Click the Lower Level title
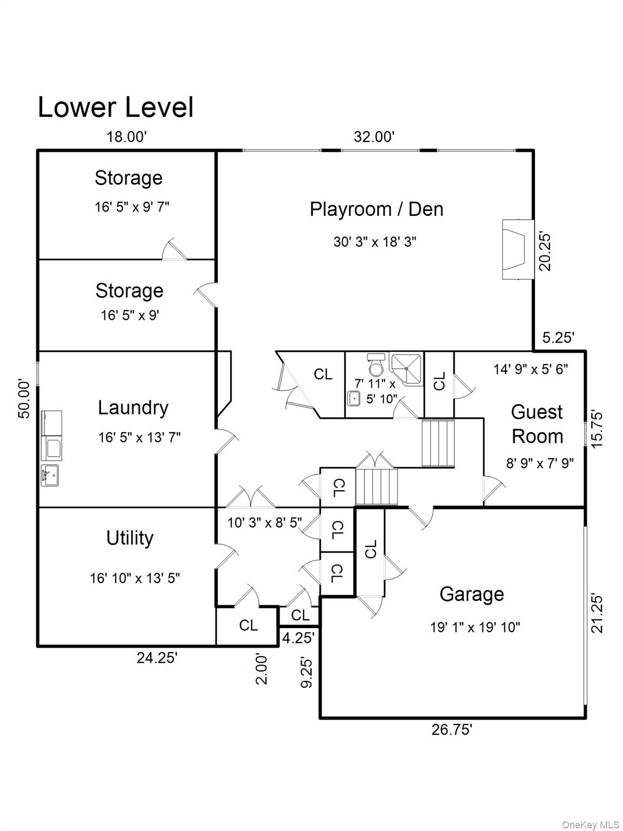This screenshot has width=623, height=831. click(115, 107)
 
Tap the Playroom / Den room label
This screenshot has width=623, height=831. click(376, 209)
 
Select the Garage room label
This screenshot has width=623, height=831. click(472, 594)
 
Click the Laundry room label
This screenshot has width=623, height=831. click(133, 408)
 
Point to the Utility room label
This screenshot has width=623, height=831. click(130, 538)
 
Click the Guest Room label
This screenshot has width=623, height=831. click(537, 424)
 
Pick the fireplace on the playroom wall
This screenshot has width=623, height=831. click(518, 249)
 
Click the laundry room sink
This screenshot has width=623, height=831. click(50, 475)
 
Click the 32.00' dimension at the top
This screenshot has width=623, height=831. click(374, 137)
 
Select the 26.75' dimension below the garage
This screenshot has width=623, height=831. click(452, 730)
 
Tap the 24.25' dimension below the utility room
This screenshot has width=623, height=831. click(157, 658)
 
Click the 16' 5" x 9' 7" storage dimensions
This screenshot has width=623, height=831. click(132, 207)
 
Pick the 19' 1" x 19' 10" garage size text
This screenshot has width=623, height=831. click(475, 628)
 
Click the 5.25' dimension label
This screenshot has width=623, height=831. click(558, 338)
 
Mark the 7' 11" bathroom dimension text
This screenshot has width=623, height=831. click(375, 384)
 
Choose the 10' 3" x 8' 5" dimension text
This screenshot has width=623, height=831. click(264, 523)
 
